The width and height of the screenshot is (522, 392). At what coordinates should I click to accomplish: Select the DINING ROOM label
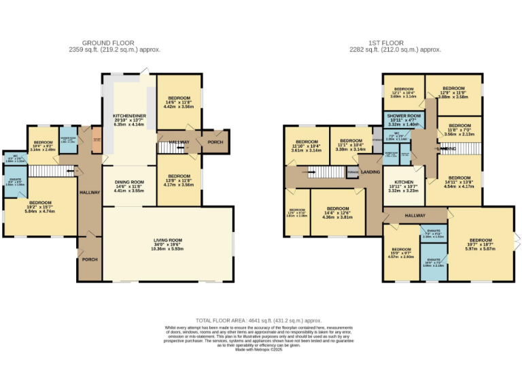tap(128, 182)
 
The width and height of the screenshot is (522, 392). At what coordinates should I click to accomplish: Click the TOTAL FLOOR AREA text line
tap(258, 320)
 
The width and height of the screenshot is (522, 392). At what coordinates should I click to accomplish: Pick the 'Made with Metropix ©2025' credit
tap(258, 349)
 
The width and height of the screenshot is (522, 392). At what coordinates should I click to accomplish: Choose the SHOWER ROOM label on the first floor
tap(404, 116)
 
